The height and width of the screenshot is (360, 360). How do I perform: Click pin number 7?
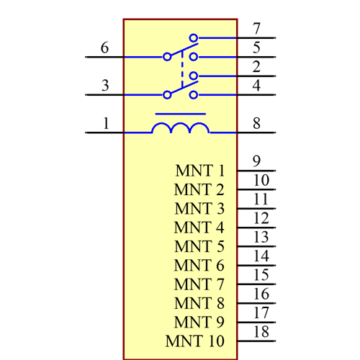[x=256, y=29]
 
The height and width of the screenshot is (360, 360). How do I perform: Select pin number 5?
[x=256, y=48]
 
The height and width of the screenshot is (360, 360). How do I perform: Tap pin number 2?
[x=256, y=67]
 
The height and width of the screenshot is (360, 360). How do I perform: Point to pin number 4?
[x=256, y=85]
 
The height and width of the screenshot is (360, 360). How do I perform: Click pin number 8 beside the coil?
[x=256, y=123]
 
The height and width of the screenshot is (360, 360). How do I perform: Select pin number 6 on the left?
[x=105, y=48]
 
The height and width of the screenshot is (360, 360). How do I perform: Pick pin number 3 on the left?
[x=105, y=86]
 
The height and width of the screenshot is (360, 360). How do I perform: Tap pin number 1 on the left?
[x=106, y=123]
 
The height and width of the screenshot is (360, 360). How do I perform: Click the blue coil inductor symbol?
[x=180, y=128]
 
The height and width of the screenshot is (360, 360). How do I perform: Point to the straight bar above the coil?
[x=180, y=114]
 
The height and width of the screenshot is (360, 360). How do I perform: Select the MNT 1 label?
[x=199, y=171]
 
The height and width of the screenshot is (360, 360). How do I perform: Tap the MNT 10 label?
[x=195, y=341]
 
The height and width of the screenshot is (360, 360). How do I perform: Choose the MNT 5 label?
[x=199, y=247]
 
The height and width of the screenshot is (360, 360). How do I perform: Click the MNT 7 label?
[x=199, y=284]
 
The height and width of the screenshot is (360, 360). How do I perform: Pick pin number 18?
[x=261, y=332]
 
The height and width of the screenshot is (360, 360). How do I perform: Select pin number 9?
[x=256, y=161]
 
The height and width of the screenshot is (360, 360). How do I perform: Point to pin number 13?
[x=261, y=237]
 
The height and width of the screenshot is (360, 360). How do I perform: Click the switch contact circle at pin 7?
[x=193, y=37]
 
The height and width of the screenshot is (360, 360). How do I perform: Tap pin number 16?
[x=261, y=294]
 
